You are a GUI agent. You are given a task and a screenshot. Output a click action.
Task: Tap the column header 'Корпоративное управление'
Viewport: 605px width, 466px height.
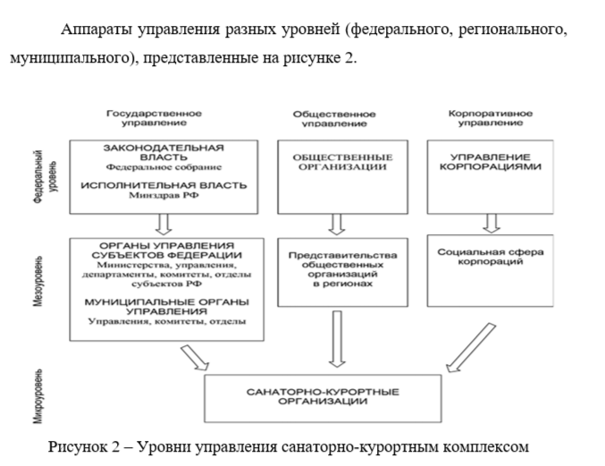point(489,119)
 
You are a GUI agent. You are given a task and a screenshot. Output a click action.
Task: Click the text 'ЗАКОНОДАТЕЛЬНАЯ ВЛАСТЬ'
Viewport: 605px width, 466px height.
point(163,151)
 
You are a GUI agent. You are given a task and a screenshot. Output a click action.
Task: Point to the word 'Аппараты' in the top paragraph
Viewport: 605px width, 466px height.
point(97,30)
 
